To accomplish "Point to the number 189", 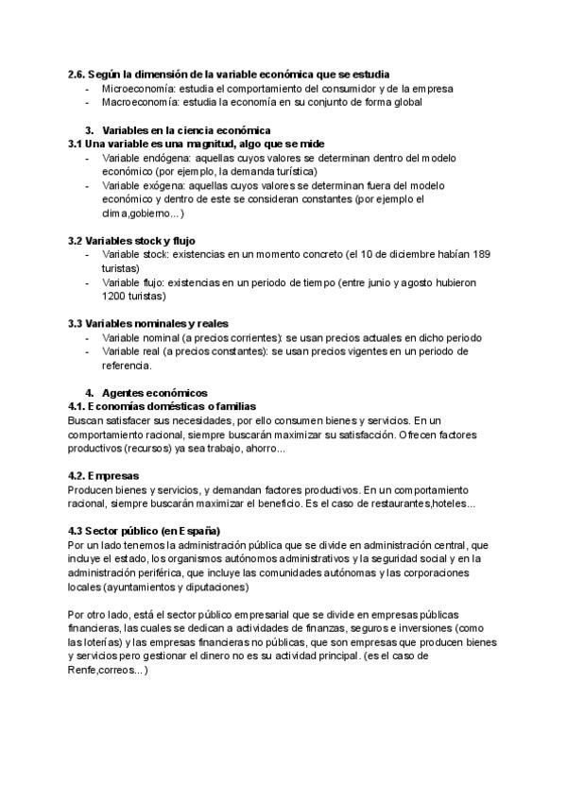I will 480,255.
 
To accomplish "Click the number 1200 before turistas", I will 114,296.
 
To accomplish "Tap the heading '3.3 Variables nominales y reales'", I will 148,323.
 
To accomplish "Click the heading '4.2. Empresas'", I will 104,475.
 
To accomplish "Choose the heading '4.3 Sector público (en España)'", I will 144,531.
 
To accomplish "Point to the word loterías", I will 92,642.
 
